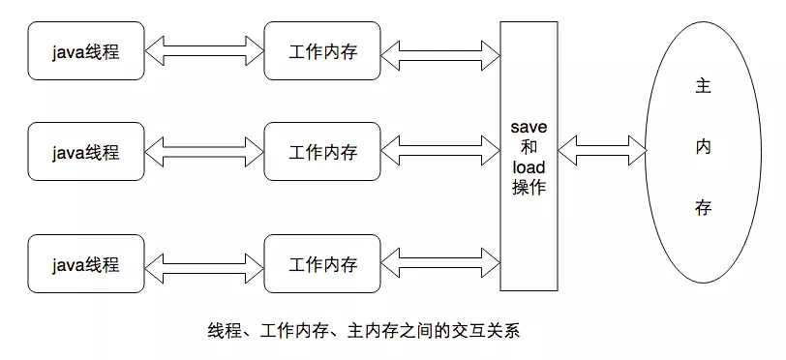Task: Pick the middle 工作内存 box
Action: [323, 152]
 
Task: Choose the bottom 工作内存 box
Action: [323, 263]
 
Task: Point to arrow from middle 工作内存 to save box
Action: [441, 152]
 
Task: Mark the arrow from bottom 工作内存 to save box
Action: [441, 263]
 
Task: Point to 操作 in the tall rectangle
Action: [529, 188]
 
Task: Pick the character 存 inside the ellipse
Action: [703, 208]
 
